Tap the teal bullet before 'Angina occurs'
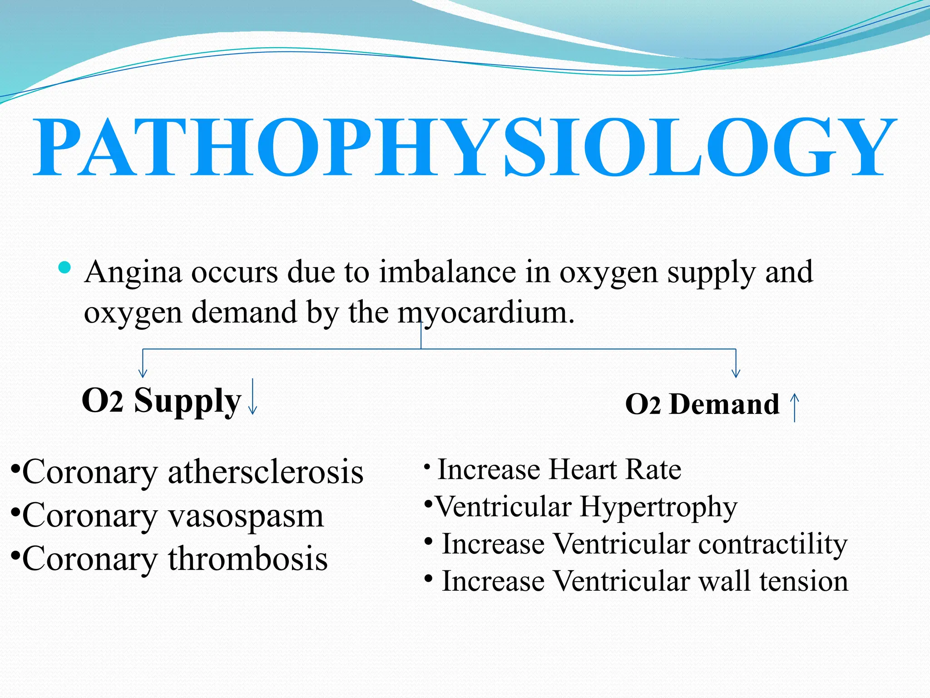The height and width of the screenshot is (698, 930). click(65, 267)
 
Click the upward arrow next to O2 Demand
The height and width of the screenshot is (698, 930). click(795, 407)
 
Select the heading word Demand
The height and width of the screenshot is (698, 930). click(724, 404)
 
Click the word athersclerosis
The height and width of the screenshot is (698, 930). click(266, 472)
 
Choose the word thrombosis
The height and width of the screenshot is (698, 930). click(248, 558)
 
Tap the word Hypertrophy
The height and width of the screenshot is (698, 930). click(658, 508)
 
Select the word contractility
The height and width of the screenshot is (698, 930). click(772, 544)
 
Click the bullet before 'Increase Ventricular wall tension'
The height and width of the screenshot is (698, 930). click(428, 578)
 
